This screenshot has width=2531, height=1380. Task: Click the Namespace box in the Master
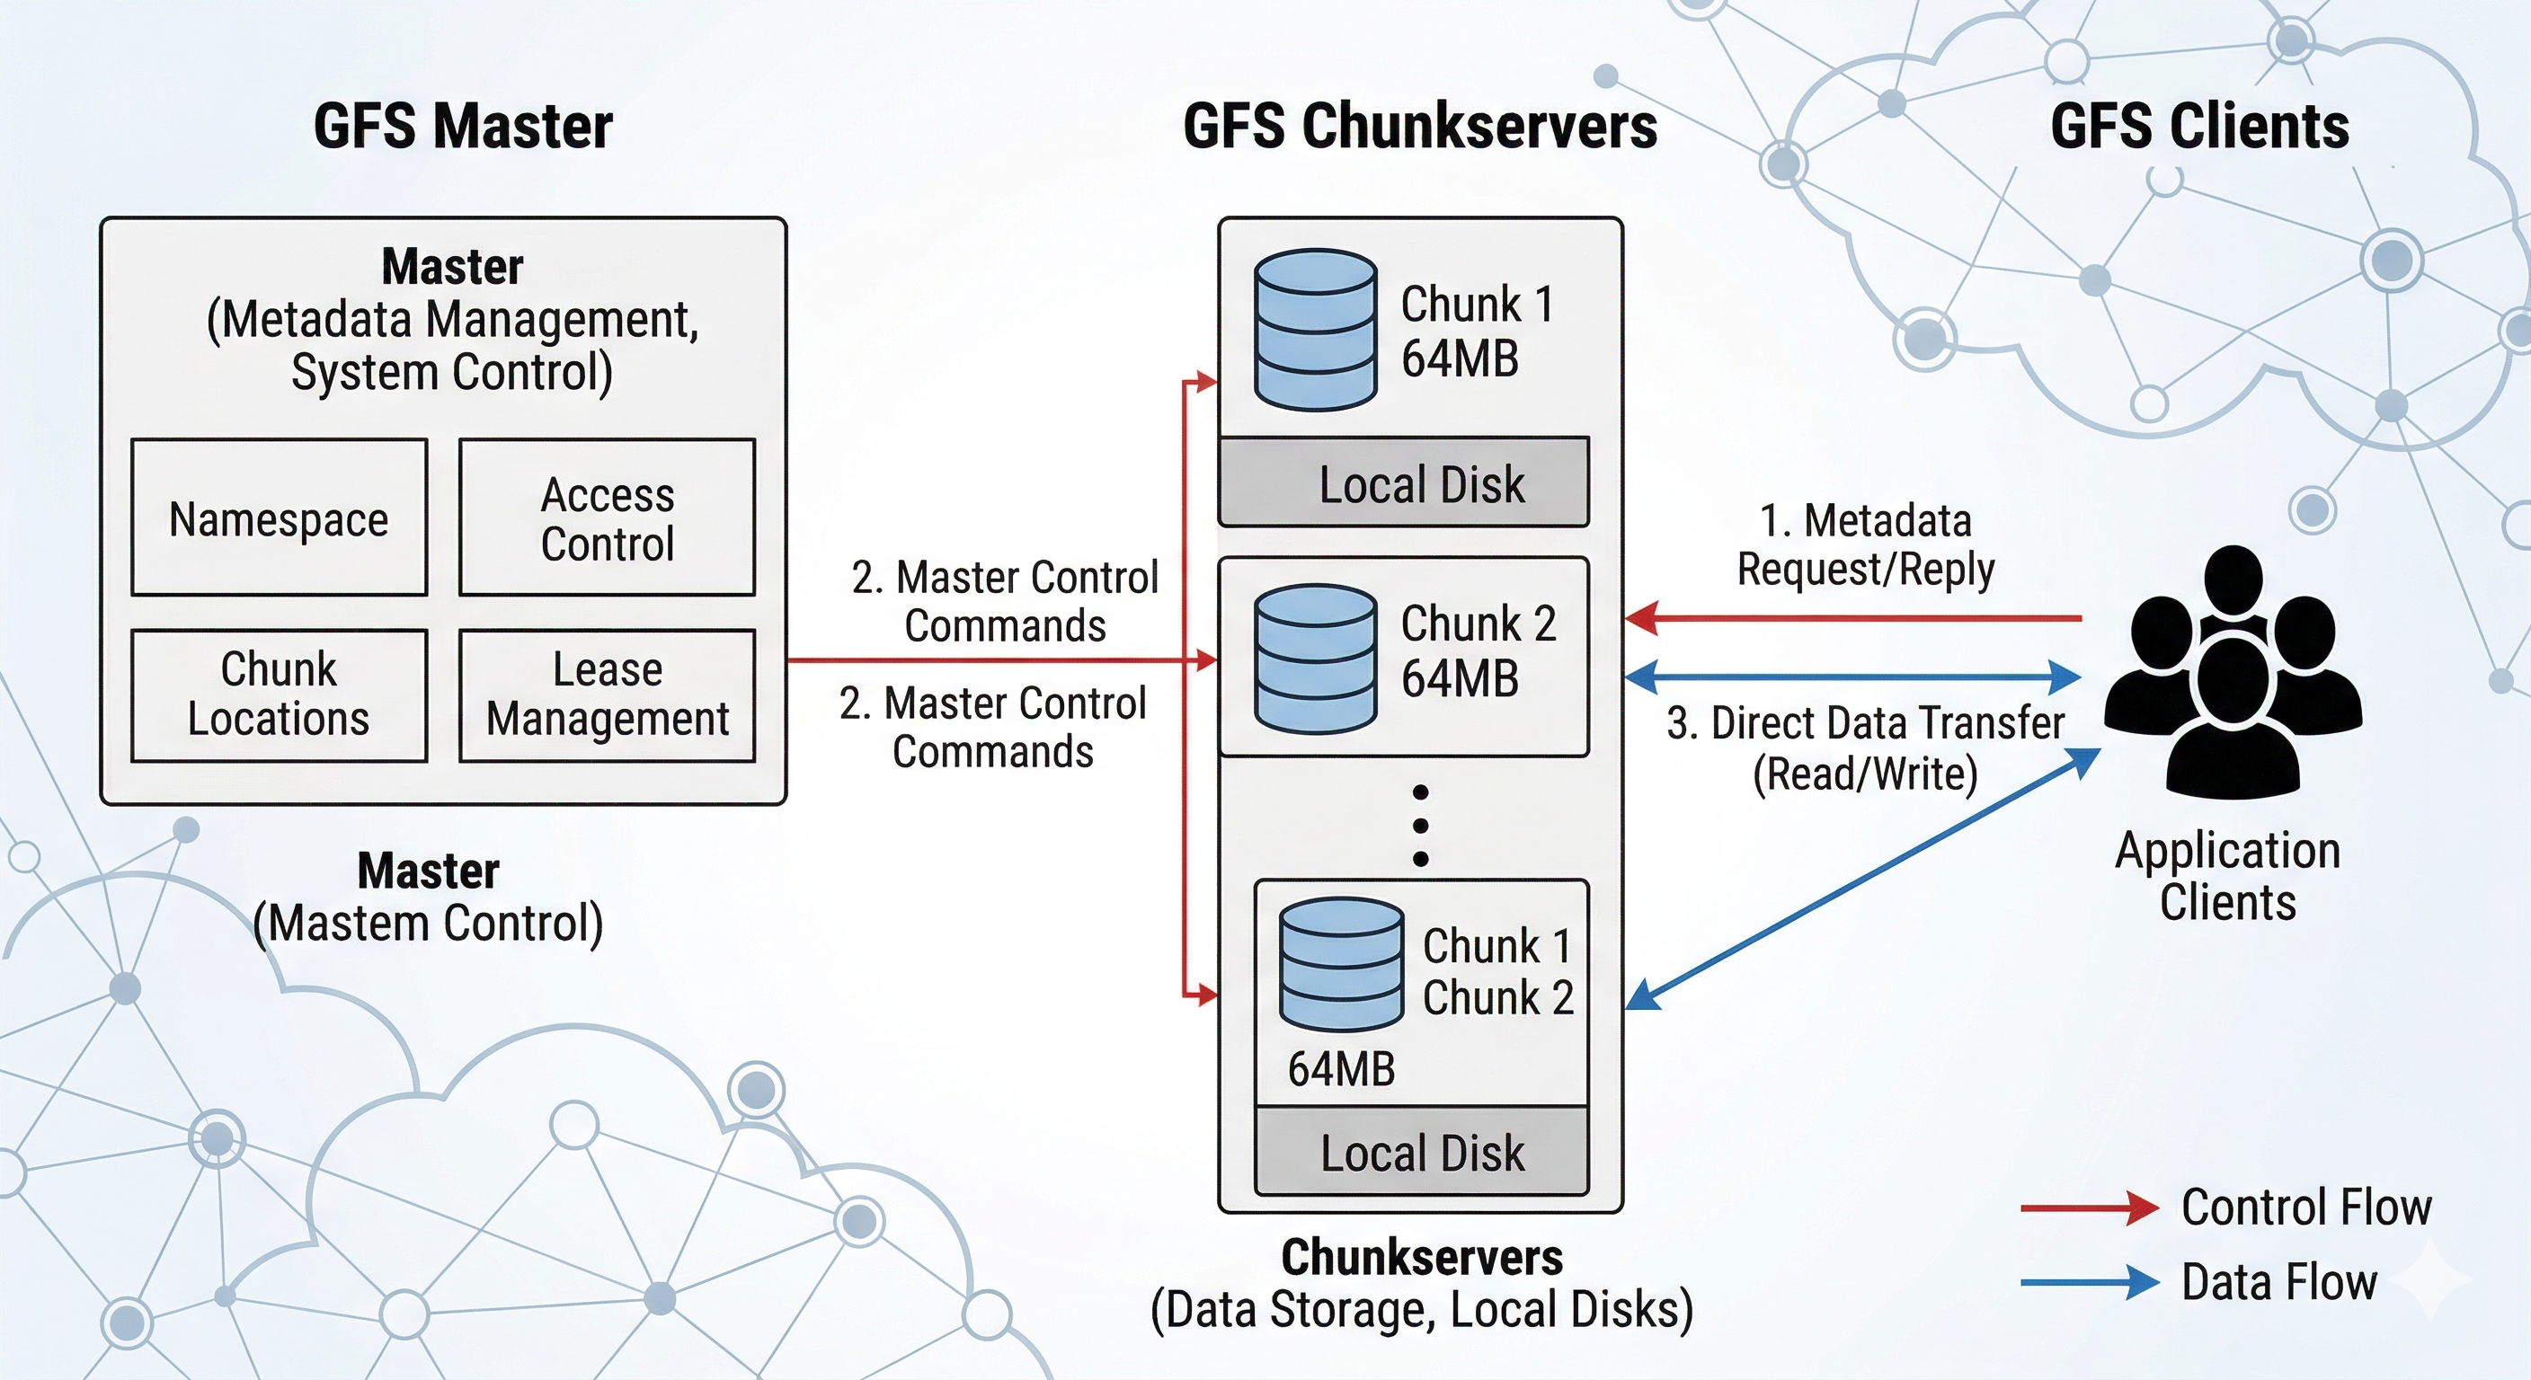click(279, 517)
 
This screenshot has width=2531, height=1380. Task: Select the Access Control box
click(608, 517)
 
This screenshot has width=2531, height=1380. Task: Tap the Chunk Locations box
click(279, 694)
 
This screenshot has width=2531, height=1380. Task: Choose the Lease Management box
click(608, 694)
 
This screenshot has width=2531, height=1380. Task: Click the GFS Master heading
click(463, 127)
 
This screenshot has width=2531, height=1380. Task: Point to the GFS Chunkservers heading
click(1420, 127)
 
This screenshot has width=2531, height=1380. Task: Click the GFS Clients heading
click(2199, 127)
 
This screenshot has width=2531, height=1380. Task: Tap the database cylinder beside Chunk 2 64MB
click(1315, 659)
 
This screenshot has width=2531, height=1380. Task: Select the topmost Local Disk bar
click(1404, 483)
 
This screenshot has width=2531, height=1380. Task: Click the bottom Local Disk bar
click(1422, 1152)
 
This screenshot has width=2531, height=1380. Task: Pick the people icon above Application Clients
click(2233, 673)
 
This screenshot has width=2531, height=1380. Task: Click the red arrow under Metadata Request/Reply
click(1852, 619)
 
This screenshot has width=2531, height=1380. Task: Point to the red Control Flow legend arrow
click(2089, 1207)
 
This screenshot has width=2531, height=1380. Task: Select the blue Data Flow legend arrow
click(2089, 1282)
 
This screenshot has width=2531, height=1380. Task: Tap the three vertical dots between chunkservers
click(1421, 825)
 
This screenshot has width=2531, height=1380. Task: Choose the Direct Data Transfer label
click(1865, 747)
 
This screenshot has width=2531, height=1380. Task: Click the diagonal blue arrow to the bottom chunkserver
click(1862, 879)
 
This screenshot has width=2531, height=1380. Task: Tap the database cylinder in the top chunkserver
click(1315, 329)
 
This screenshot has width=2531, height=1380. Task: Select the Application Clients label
click(2227, 875)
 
